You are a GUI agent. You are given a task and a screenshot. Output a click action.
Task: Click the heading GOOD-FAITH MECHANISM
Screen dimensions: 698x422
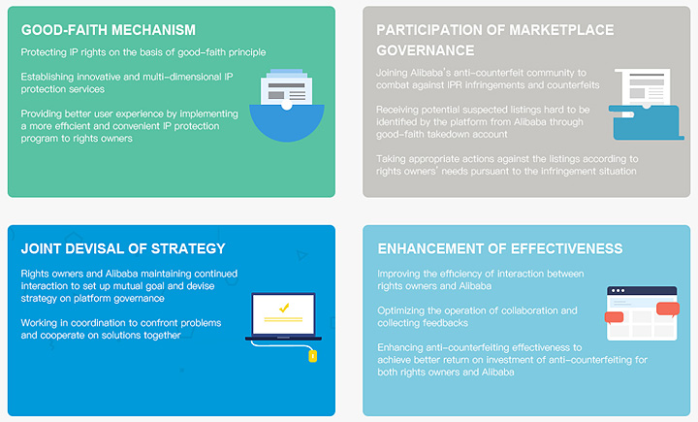point(109,30)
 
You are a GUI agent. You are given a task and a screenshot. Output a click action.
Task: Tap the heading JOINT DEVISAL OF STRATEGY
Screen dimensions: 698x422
point(123,248)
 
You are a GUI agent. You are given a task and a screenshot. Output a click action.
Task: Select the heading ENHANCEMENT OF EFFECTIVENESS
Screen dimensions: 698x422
point(500,248)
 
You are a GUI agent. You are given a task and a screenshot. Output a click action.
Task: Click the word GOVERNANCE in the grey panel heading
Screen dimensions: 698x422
point(426,50)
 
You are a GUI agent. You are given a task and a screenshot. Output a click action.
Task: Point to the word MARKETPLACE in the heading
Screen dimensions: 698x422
point(561,30)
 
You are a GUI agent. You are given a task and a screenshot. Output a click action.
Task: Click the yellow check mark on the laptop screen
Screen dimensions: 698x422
point(284,308)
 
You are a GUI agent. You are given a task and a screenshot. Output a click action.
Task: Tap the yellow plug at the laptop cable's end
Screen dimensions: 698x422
point(313,356)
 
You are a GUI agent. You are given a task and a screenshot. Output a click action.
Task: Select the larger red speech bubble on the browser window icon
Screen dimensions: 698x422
point(668,308)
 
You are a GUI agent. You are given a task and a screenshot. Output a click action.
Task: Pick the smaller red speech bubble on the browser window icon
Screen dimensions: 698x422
point(614,317)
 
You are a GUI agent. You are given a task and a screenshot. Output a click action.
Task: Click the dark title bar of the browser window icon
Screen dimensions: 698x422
point(642,290)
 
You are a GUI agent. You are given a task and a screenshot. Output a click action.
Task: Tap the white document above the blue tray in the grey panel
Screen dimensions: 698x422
point(643,87)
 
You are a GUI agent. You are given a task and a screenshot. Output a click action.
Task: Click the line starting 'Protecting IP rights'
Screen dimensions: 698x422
point(143,52)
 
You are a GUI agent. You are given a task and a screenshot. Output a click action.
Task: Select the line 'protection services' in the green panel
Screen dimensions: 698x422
point(63,89)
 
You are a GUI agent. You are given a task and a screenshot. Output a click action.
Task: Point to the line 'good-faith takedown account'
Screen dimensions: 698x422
point(442,134)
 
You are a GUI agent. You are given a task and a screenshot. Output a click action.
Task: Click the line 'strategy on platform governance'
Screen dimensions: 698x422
point(93,298)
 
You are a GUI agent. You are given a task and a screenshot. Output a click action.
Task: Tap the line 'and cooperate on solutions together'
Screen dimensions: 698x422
point(101,335)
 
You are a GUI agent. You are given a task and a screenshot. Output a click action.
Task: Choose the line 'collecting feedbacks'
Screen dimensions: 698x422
point(423,323)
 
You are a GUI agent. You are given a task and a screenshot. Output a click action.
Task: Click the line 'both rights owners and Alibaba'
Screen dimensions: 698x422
point(446,373)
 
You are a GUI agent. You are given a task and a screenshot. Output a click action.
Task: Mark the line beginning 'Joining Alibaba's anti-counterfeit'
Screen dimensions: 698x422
point(481,73)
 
